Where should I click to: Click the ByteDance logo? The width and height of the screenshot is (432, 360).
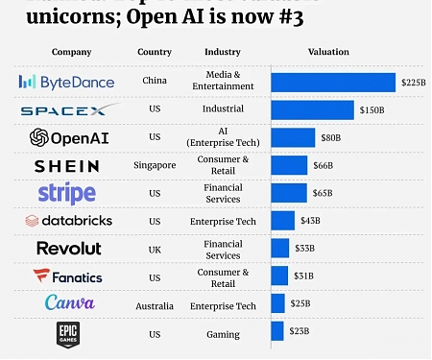(x=66, y=83)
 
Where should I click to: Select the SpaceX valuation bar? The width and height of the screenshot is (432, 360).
(x=312, y=110)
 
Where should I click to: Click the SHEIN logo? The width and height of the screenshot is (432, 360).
(x=66, y=166)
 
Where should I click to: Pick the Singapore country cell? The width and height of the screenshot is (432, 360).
(x=155, y=165)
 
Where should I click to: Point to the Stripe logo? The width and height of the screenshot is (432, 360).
(x=66, y=193)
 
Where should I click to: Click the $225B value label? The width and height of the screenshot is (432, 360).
(x=412, y=84)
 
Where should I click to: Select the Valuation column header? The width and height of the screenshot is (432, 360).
(x=328, y=51)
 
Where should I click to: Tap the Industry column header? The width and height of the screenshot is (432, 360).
(x=223, y=51)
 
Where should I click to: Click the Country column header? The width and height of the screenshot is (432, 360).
(x=155, y=51)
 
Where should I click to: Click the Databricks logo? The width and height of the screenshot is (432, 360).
(x=69, y=221)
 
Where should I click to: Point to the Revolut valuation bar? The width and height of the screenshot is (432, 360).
(x=279, y=249)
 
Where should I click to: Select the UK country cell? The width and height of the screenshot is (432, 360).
(x=155, y=248)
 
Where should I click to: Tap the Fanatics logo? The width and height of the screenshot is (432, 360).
(x=67, y=276)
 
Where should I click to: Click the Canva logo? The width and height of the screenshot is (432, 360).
(x=69, y=303)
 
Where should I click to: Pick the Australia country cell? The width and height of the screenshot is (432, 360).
(x=155, y=305)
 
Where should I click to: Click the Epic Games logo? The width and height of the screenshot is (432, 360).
(x=66, y=332)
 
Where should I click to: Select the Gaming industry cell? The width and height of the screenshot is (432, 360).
(x=223, y=333)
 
